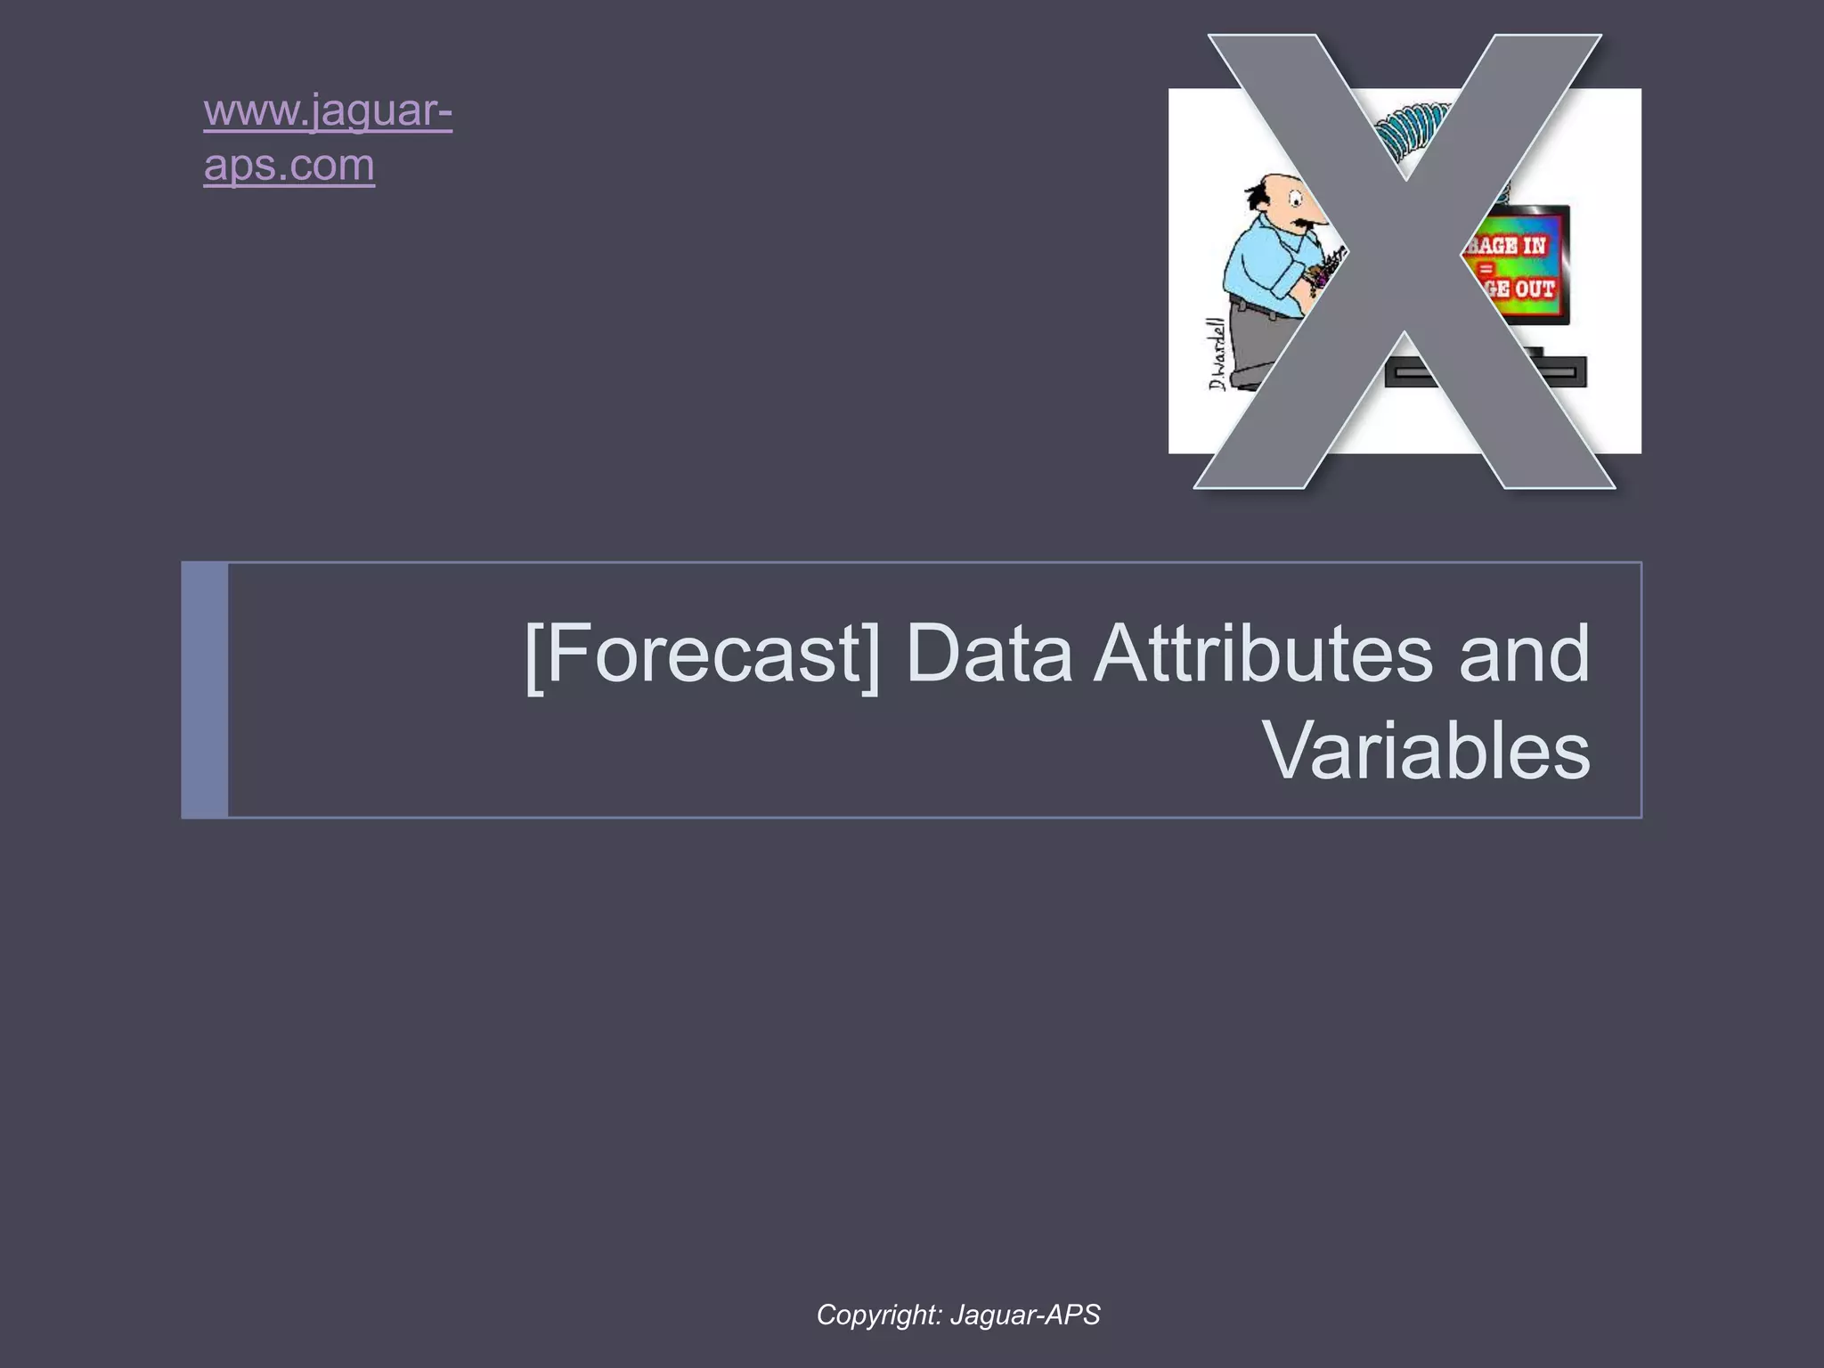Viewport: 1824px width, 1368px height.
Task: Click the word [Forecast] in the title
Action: tap(702, 654)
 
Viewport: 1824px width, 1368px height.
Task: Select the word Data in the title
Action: tap(989, 654)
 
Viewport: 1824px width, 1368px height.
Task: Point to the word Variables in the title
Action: tap(1427, 751)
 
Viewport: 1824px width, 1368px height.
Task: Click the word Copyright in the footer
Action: tap(878, 1315)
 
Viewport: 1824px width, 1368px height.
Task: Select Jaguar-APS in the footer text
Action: tap(1025, 1315)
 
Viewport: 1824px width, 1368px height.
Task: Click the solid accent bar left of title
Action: tap(204, 690)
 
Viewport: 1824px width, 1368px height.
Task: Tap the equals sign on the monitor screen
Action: tap(1486, 267)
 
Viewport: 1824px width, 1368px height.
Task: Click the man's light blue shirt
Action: tap(1260, 258)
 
